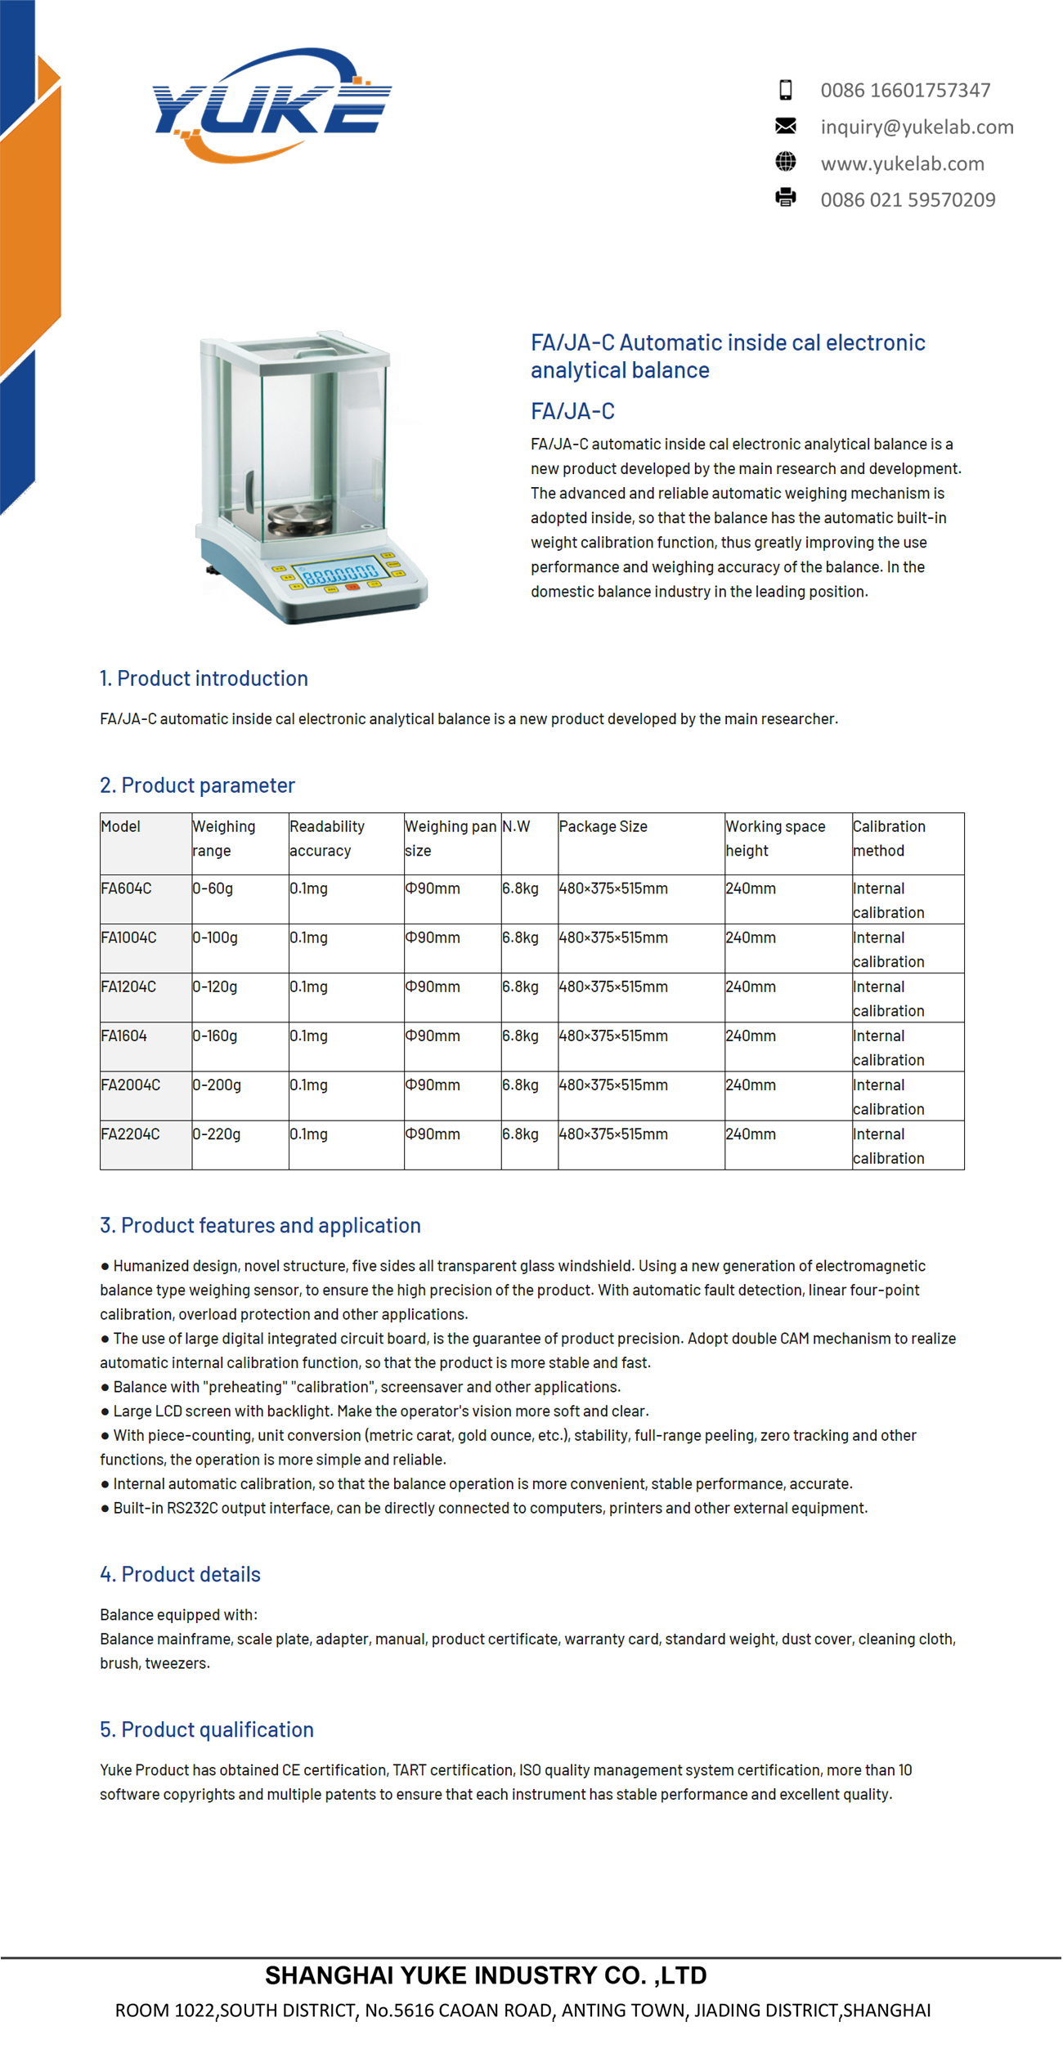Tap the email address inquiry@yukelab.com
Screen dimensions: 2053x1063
[917, 127]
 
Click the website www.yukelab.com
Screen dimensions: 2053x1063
[902, 163]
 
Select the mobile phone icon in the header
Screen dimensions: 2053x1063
[785, 90]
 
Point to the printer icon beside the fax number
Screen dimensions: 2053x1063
[785, 198]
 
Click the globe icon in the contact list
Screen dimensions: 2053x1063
[785, 162]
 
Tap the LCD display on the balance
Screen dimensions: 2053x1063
[340, 573]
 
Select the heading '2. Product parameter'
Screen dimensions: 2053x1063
[197, 785]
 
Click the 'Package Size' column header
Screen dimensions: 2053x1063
[603, 826]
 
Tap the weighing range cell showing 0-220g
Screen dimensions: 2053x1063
[217, 1134]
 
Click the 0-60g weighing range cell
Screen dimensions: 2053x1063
[213, 888]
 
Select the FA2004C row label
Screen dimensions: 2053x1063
[130, 1085]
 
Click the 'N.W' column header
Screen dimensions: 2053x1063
[516, 826]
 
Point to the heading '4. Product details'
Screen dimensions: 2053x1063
[180, 1574]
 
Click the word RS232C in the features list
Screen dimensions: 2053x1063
[192, 1508]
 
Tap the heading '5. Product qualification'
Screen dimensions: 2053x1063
[207, 1729]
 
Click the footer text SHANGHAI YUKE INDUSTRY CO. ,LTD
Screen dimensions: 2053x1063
[486, 1975]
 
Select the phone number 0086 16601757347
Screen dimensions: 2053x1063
[905, 90]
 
